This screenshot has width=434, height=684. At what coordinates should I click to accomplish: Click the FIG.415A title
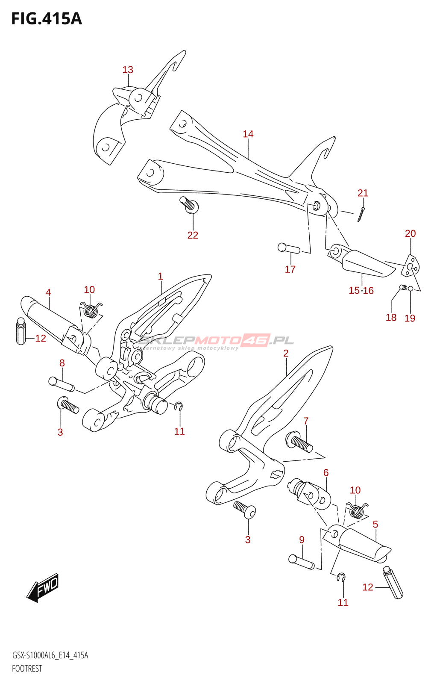click(x=46, y=19)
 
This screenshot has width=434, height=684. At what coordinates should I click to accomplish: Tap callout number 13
click(x=128, y=70)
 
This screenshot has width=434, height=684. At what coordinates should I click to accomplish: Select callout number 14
click(x=248, y=134)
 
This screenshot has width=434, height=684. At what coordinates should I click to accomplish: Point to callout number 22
click(x=193, y=235)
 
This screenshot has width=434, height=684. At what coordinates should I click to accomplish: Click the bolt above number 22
click(x=189, y=205)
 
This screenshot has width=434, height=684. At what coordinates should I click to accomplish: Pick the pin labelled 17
click(x=289, y=248)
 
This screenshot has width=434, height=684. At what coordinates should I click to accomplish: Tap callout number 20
click(x=410, y=233)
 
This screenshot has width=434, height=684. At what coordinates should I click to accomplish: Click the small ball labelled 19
click(x=411, y=289)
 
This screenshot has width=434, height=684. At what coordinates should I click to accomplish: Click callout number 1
click(x=160, y=277)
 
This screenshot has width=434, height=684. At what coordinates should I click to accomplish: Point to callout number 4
click(x=48, y=292)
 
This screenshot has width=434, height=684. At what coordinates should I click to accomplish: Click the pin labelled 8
click(x=62, y=383)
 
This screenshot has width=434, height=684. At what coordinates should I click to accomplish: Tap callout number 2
click(x=286, y=353)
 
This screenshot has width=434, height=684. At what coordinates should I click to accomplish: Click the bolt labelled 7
click(x=301, y=443)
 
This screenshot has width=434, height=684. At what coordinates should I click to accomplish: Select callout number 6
click(x=326, y=472)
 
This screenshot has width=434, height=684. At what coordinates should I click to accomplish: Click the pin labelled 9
click(x=301, y=562)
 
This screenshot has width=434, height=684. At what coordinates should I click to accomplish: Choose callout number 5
click(x=375, y=524)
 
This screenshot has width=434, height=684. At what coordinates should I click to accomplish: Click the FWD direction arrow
click(x=43, y=588)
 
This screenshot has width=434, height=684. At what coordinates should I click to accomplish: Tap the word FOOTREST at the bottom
click(x=27, y=669)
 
